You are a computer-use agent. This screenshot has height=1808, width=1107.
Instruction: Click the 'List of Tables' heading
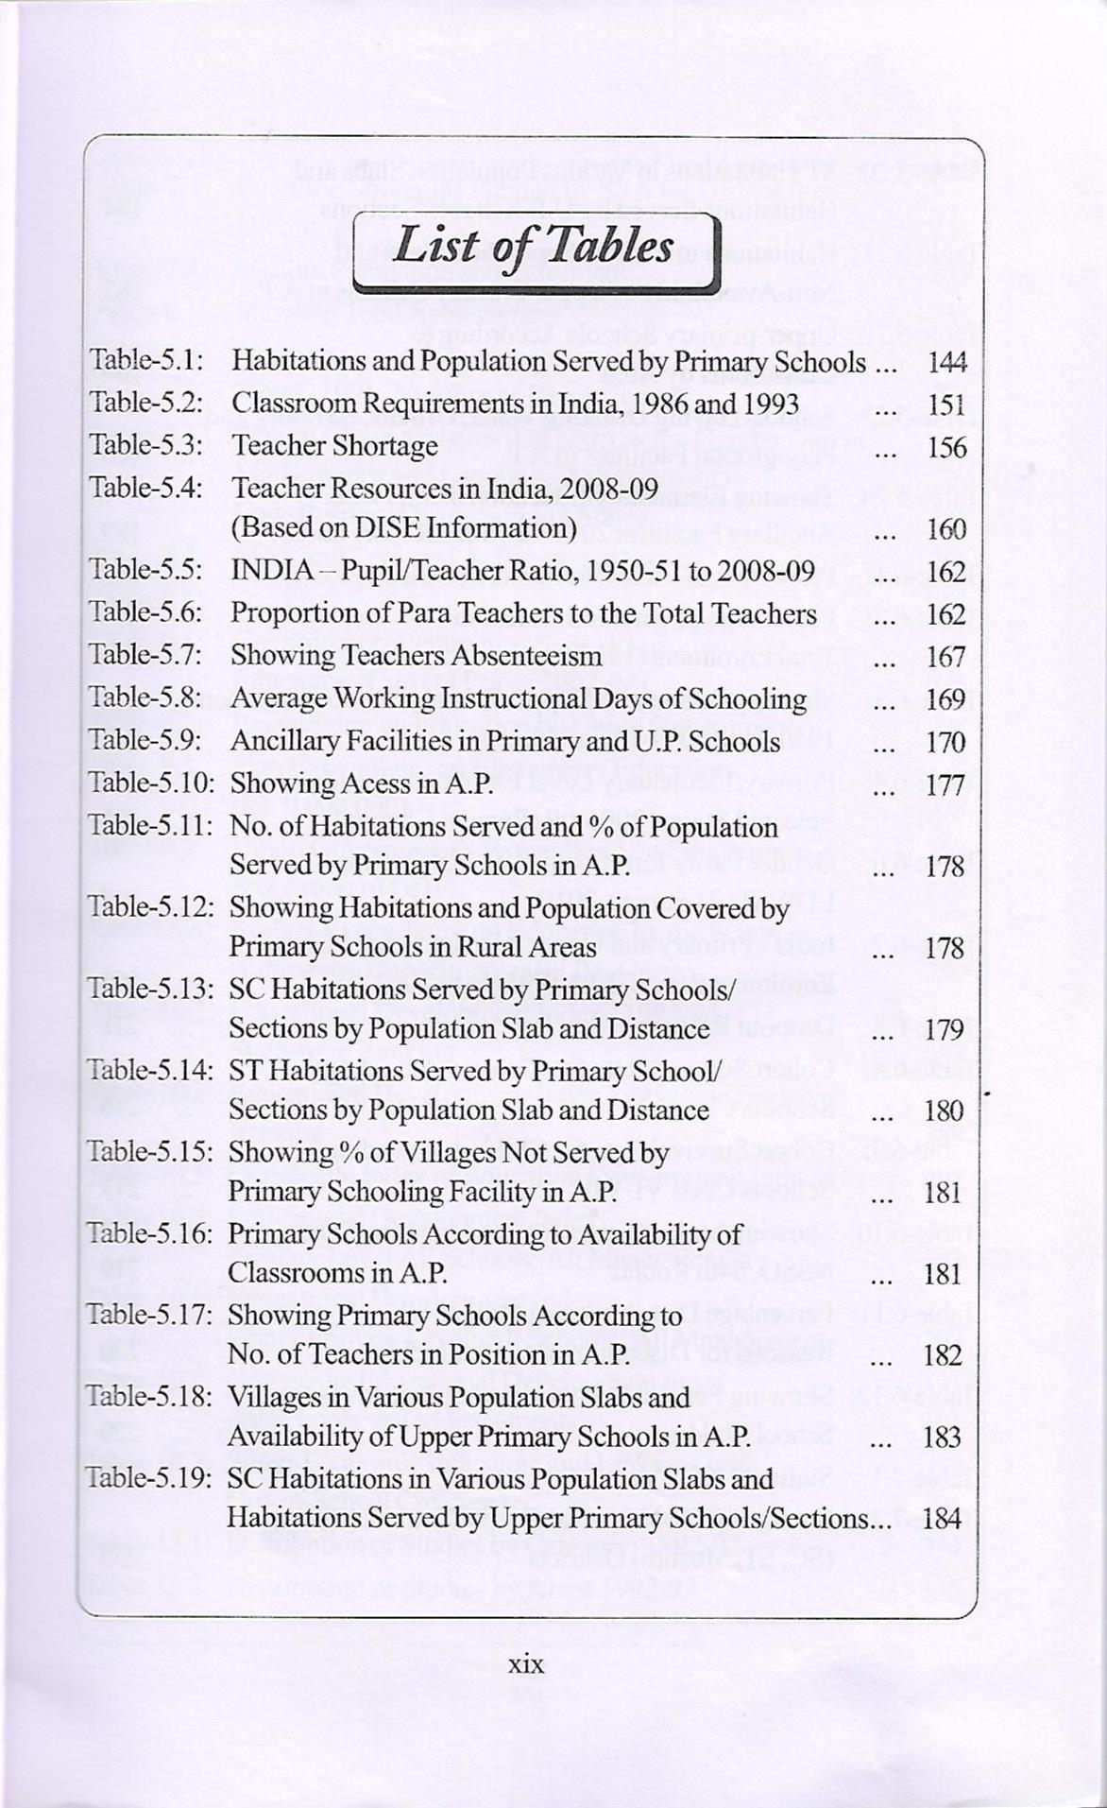[534, 247]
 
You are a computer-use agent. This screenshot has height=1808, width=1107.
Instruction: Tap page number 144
[945, 362]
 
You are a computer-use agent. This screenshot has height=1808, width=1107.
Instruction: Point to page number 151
[945, 405]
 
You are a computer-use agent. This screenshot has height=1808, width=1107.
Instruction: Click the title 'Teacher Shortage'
[334, 445]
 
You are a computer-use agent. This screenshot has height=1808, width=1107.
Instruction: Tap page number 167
[945, 657]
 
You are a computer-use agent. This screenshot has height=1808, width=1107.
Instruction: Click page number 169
[945, 699]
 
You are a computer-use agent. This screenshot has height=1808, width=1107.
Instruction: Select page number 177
[945, 784]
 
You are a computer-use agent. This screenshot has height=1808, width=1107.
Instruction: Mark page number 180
[945, 1111]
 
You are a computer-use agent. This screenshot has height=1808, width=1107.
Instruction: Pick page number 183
[945, 1438]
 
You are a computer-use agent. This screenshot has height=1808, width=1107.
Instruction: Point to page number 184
[945, 1519]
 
